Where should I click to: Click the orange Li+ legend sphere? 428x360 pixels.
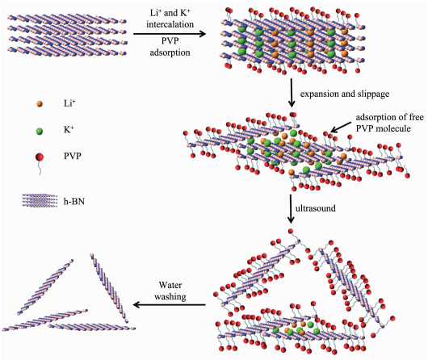pos(40,103)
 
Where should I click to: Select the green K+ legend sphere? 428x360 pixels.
pos(40,132)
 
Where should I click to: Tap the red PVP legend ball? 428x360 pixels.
pos(40,157)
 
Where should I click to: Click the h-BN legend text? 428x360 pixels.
pos(74,202)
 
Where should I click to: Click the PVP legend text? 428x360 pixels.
pos(73,156)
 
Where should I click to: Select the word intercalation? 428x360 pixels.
pos(170,24)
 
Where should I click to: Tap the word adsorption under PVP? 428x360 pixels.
pos(170,52)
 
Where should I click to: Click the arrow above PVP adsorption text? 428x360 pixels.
pos(170,34)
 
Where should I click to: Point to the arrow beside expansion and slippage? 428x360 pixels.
pos(292,93)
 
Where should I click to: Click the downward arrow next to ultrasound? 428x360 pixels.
pos(291,209)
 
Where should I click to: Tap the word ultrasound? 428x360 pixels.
pos(316,208)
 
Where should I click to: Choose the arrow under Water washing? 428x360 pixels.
pos(170,304)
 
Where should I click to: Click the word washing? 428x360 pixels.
pos(170,296)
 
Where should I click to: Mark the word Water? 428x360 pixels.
pos(170,285)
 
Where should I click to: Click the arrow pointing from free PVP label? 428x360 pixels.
pos(341,128)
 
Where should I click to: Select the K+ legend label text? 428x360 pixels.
pos(69,129)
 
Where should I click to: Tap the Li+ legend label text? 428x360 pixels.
pos(69,103)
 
